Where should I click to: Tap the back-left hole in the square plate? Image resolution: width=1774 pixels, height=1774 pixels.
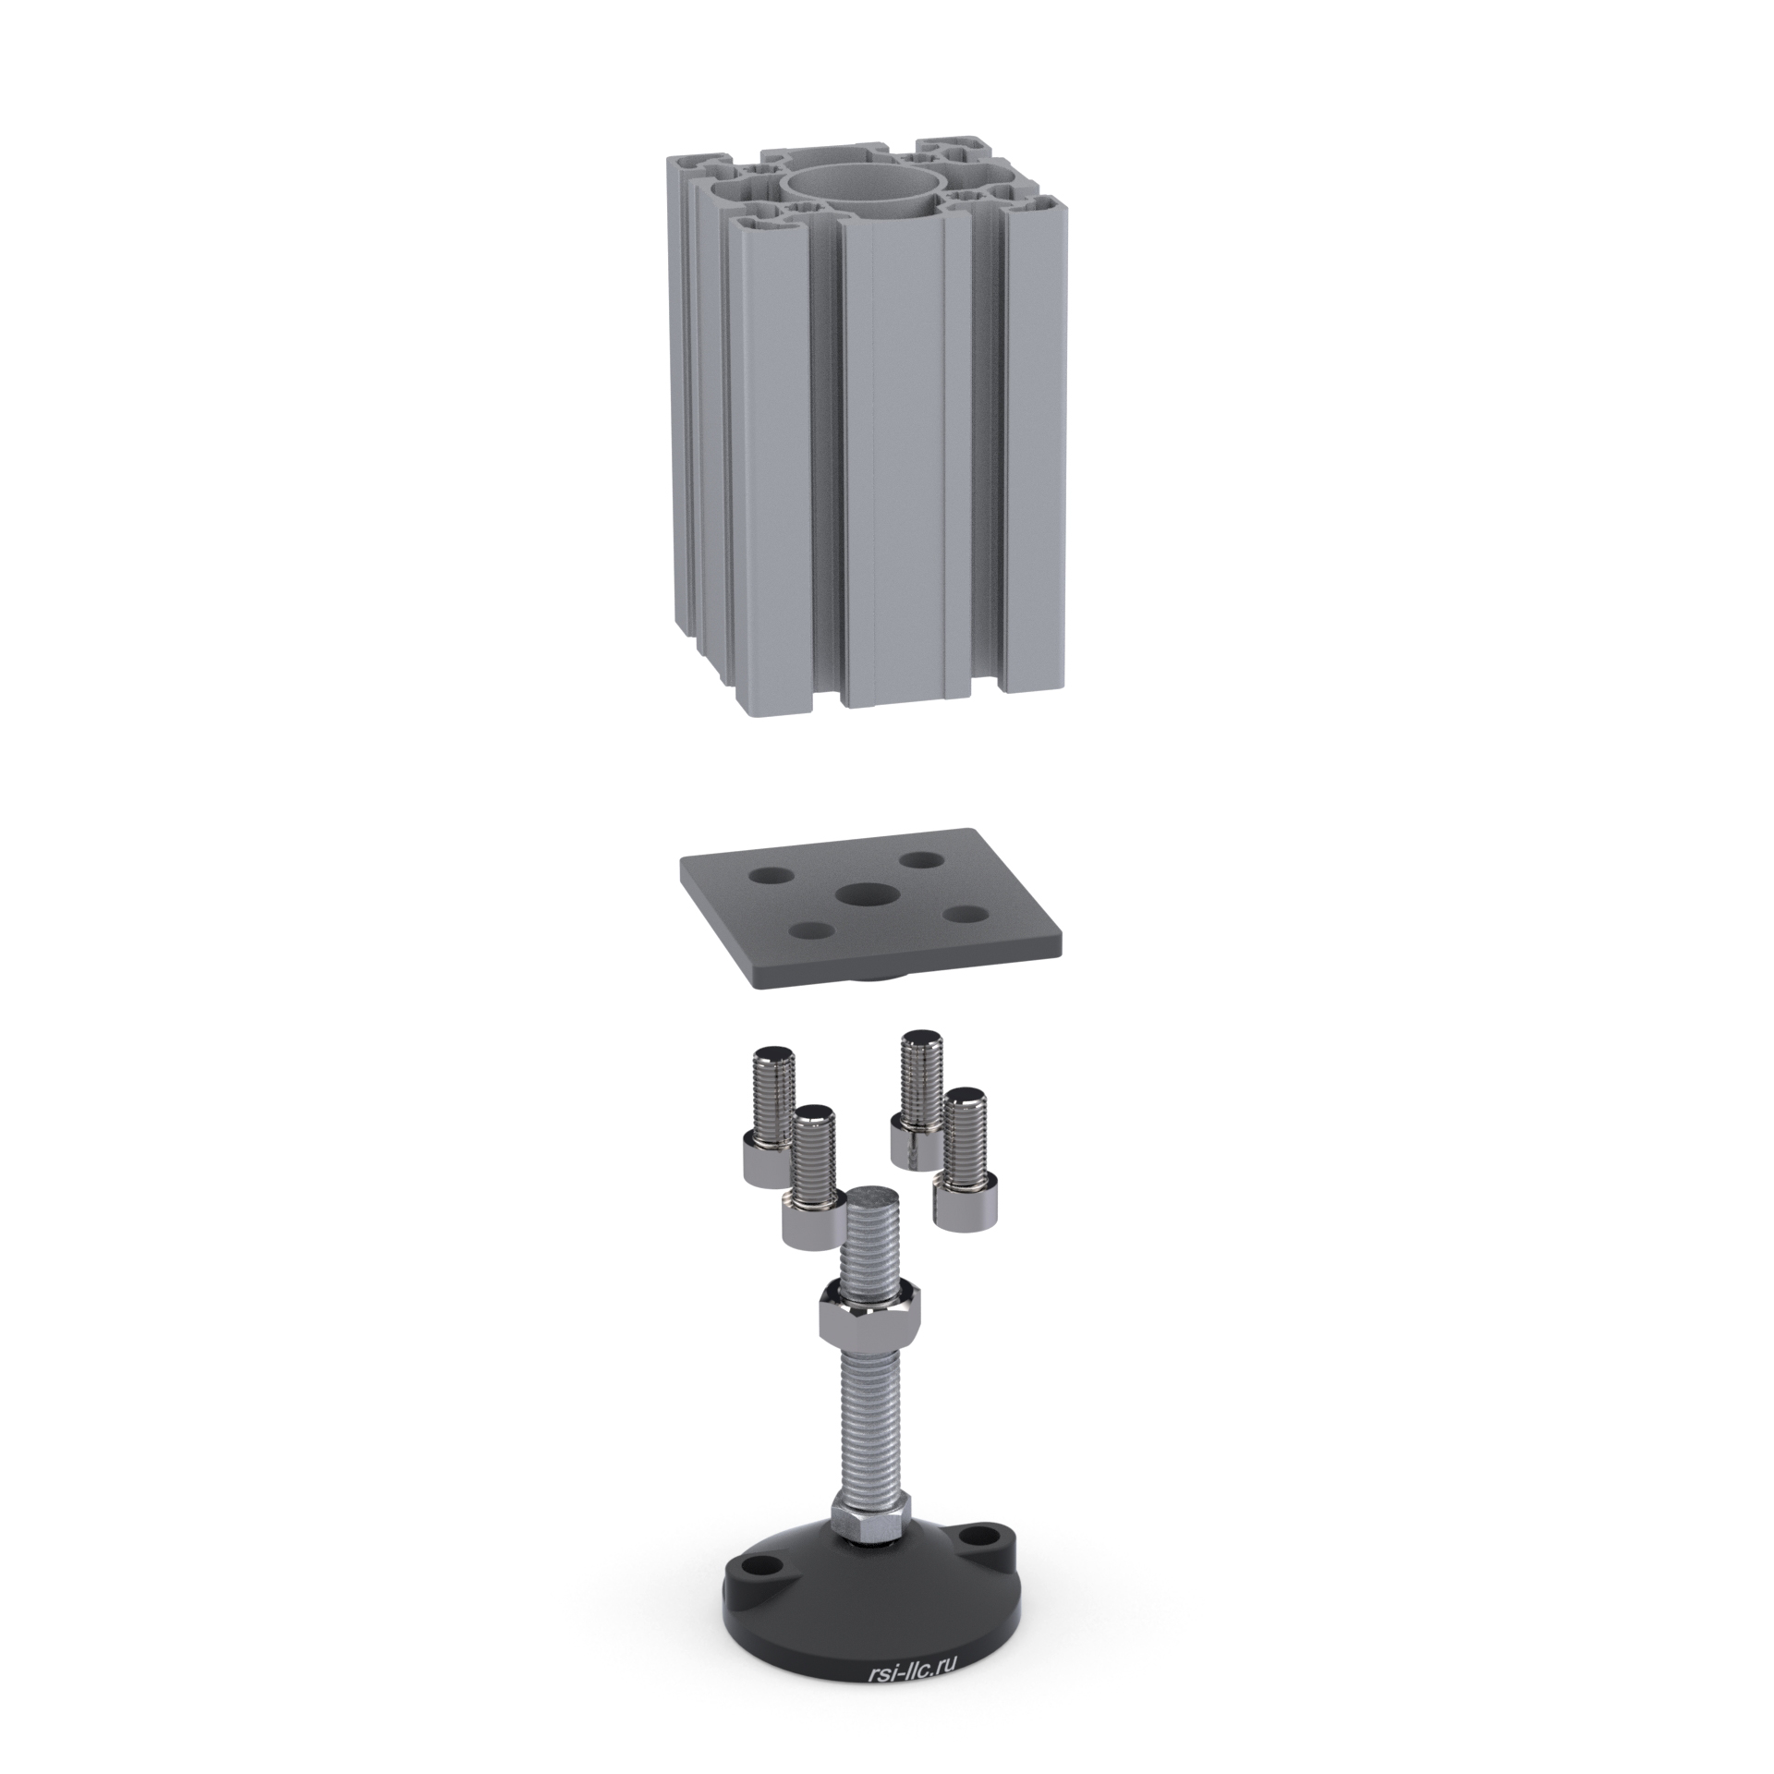(x=770, y=872)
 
